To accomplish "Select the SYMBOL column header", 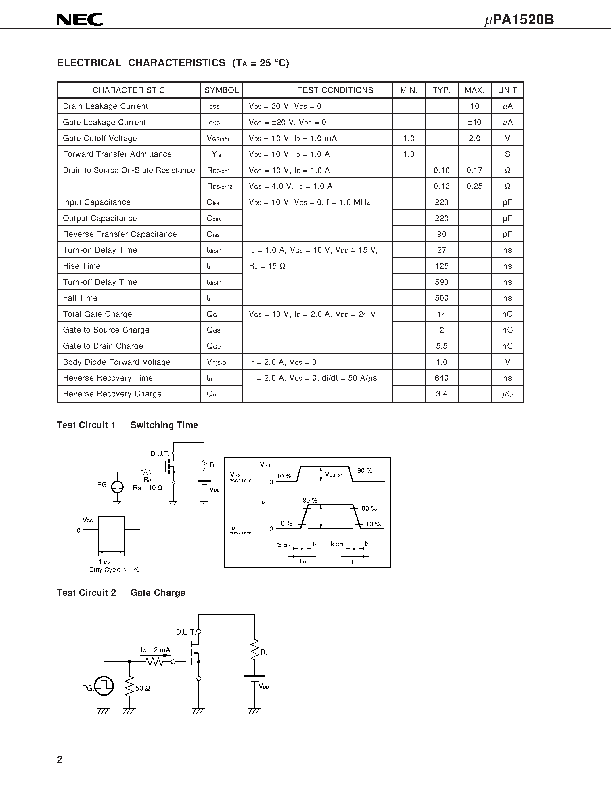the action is pyautogui.click(x=221, y=90).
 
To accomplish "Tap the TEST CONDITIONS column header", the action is pyautogui.click(x=335, y=90).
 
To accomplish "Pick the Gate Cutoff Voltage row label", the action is pyautogui.click(x=100, y=138).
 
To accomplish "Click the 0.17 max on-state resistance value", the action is pyautogui.click(x=474, y=170).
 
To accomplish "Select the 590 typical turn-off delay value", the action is pyautogui.click(x=442, y=282).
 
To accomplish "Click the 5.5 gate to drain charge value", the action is pyautogui.click(x=442, y=346).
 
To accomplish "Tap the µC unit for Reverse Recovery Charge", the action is pyautogui.click(x=507, y=394).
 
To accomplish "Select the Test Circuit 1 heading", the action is pyautogui.click(x=86, y=425).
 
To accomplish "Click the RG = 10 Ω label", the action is pyautogui.click(x=148, y=488).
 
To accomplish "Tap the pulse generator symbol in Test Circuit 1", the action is pyautogui.click(x=117, y=486).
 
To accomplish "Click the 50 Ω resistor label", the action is pyautogui.click(x=143, y=688).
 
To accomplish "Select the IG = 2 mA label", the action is pyautogui.click(x=155, y=650).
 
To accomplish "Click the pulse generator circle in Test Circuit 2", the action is pyautogui.click(x=104, y=686).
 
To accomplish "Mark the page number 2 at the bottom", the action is pyautogui.click(x=60, y=759).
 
